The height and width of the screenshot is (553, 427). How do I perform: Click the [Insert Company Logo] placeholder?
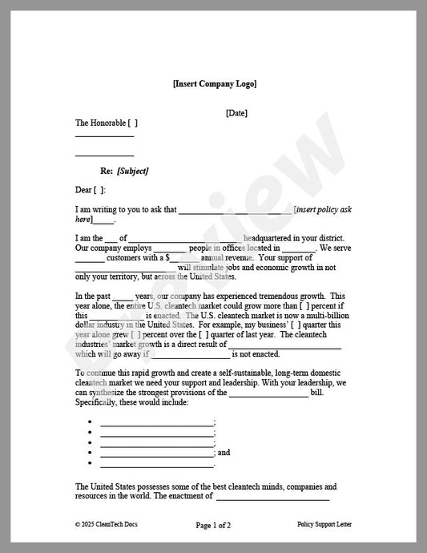(214, 83)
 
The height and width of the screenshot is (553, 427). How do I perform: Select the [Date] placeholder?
(236, 113)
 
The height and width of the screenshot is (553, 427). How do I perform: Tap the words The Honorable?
(100, 123)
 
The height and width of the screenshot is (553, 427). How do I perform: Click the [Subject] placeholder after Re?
(132, 171)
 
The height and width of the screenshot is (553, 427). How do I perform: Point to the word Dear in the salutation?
(83, 190)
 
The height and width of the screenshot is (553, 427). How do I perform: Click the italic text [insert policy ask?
(323, 209)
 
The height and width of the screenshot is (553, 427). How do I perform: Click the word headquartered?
(272, 238)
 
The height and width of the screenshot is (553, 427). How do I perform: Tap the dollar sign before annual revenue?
(168, 258)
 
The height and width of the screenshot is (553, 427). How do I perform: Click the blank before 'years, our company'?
(122, 297)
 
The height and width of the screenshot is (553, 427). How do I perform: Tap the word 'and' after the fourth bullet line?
(224, 453)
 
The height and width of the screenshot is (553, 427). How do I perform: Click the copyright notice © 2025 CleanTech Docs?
(107, 524)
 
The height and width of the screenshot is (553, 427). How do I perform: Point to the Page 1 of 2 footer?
(213, 525)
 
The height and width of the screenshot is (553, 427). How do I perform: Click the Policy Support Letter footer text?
(324, 524)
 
